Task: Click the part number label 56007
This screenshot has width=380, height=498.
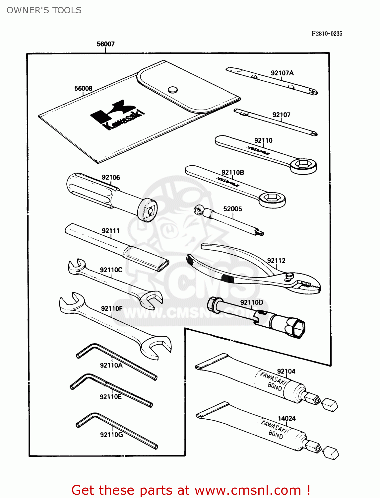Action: click(x=105, y=44)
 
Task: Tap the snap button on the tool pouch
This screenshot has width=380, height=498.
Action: click(x=173, y=90)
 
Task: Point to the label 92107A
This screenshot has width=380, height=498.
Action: click(x=282, y=73)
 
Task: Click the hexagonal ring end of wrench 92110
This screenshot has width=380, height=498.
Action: click(x=303, y=164)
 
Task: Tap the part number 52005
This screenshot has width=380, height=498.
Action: click(x=232, y=209)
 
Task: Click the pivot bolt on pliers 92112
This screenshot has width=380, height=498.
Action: click(x=290, y=275)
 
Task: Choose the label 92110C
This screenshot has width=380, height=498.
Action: click(x=111, y=270)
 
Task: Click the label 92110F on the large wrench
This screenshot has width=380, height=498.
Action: click(x=112, y=308)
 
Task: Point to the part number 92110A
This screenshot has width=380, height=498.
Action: click(x=111, y=365)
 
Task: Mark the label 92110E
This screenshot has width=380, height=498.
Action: click(x=110, y=397)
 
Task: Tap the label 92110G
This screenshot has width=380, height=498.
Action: click(x=111, y=435)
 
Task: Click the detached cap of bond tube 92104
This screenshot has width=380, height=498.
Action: click(x=330, y=404)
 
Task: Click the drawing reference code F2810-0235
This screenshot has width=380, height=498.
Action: click(x=327, y=34)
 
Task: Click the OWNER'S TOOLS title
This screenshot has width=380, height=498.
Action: click(x=44, y=10)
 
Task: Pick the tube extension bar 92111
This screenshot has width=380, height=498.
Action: click(x=116, y=247)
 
